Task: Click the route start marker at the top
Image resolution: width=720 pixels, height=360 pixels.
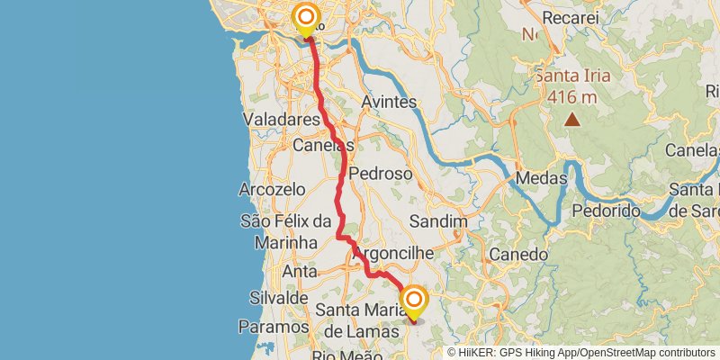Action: pos(306,18)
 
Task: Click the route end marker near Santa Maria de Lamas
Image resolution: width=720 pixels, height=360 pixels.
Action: pos(415,300)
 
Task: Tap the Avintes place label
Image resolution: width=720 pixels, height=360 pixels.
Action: pos(389,102)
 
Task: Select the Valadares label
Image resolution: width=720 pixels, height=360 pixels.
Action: pos(282,119)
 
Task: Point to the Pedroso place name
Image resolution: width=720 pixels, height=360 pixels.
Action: pos(380,173)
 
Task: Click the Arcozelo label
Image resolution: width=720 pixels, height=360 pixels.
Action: pos(268,190)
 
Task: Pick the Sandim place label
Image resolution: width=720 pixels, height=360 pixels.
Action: pos(438,220)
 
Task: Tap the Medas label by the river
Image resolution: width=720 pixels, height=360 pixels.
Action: pos(541,178)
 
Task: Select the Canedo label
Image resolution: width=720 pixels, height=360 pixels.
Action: pos(518,253)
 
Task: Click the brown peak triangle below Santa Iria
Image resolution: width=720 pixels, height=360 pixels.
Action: pos(571,118)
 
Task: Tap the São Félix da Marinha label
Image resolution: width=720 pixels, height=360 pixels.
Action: pos(286,231)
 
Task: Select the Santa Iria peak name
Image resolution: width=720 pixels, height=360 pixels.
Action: pos(572,76)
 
